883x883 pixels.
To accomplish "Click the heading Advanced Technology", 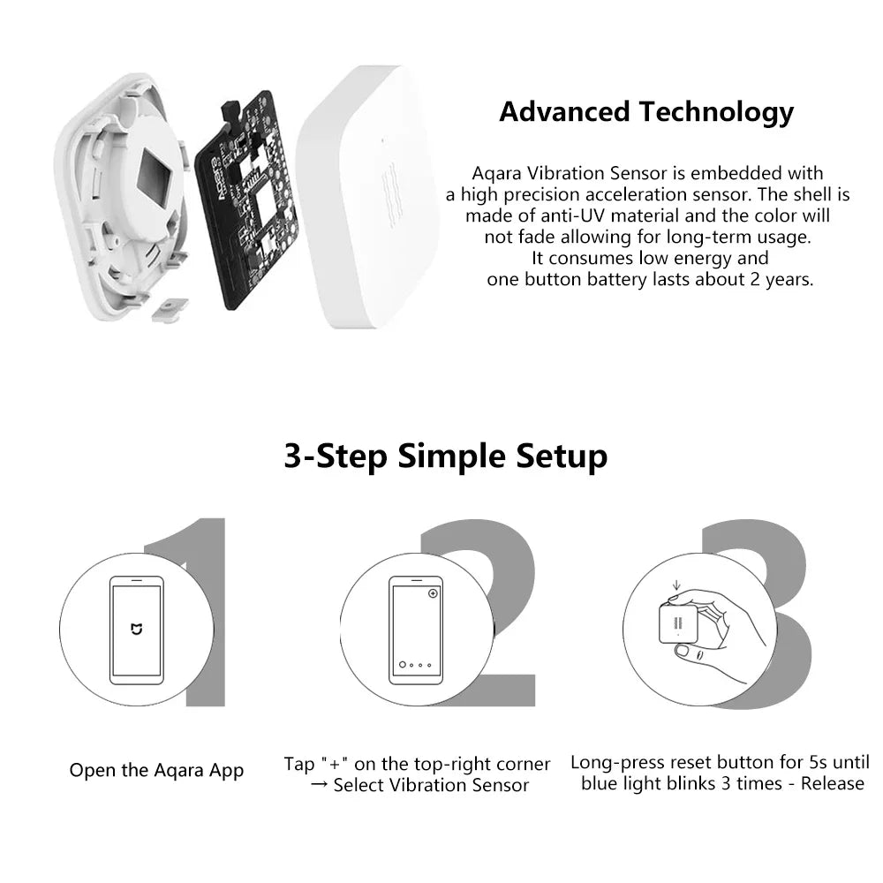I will pos(646,112).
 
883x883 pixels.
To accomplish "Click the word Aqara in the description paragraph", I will pos(497,173).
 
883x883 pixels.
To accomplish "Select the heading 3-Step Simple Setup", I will pos(445,456).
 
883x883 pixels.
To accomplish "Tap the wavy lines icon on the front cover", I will pos(389,190).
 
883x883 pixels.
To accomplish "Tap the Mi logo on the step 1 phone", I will pos(135,629).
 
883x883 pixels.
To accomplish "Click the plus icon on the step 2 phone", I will pos(433,593).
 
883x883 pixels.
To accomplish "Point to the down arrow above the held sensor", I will pos(675,585).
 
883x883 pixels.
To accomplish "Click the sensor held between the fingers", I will pos(678,623).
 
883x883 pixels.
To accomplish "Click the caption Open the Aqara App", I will pos(156,770).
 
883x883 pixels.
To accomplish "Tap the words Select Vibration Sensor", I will pos(431,785).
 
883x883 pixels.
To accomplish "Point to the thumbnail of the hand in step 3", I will pos(715,636).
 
